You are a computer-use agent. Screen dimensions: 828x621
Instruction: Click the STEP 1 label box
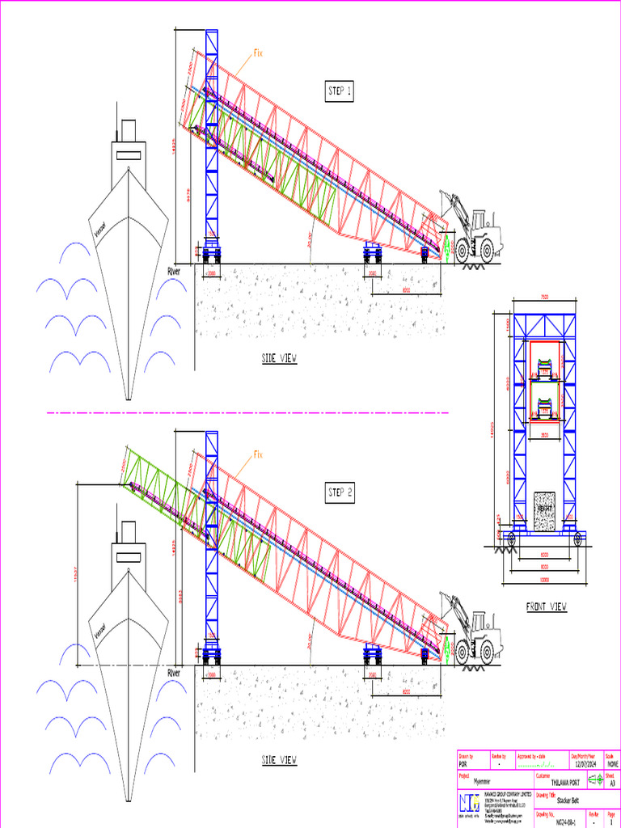coord(340,92)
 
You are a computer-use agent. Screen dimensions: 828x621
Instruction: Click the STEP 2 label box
coord(340,492)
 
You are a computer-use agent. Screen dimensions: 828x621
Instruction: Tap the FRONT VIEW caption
coord(547,606)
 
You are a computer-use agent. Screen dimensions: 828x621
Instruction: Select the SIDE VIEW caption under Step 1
coord(279,358)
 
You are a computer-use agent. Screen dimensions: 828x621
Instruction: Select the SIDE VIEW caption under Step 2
coord(279,760)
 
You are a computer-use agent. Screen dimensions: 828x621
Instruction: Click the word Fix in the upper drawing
coord(259,53)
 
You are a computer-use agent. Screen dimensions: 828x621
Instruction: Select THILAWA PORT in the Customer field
coord(566,783)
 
